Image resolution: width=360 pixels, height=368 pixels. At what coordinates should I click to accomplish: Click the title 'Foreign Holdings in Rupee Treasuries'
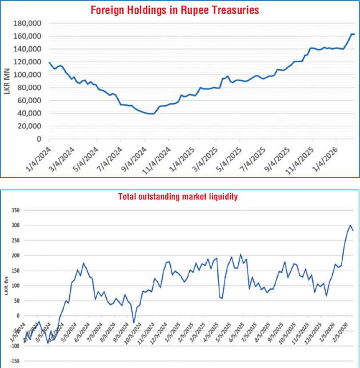coord(175,9)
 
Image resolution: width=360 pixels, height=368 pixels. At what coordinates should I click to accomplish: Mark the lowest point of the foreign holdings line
coord(151,114)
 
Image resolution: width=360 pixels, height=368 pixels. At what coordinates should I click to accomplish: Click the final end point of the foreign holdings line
coord(354,34)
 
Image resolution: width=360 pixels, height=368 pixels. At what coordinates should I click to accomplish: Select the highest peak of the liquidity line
coord(350,225)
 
